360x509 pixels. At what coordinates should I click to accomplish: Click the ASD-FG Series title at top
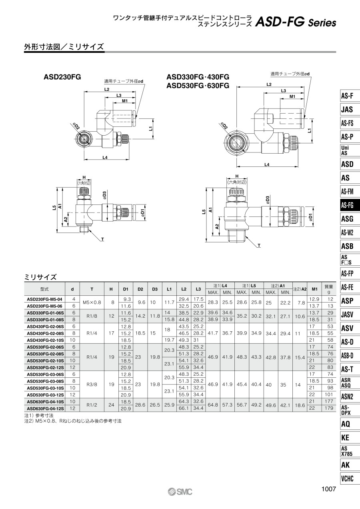coord(296,22)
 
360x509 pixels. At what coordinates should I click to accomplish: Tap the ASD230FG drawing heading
coord(62,77)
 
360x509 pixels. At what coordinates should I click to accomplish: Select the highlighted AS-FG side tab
coord(350,205)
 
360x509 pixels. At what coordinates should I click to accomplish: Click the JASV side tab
coord(350,315)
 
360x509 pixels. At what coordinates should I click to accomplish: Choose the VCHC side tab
coord(350,479)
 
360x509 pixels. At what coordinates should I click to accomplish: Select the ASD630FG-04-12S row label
coord(46,408)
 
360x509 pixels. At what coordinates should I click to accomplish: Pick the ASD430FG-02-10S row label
coord(46,340)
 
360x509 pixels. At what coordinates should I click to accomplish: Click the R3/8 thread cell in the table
coord(92,385)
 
